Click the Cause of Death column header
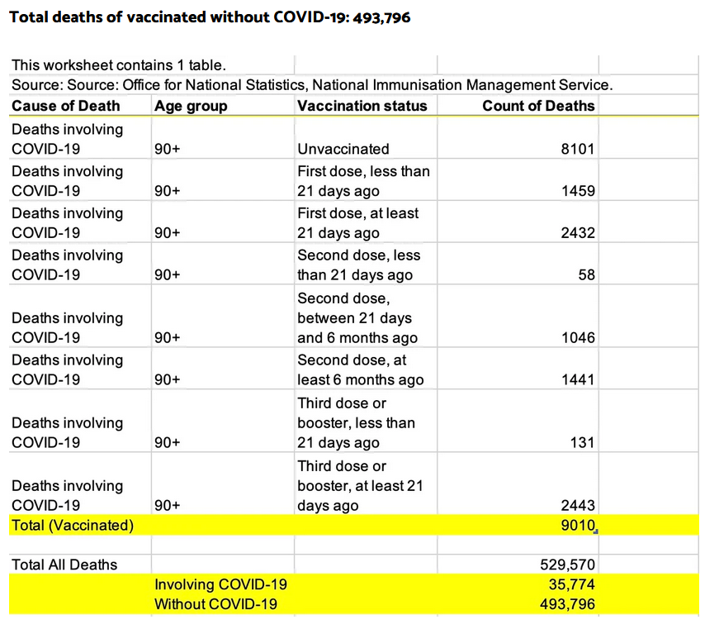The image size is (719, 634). coord(65,106)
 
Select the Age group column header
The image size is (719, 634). coord(191,107)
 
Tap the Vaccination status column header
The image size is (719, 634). coord(362,106)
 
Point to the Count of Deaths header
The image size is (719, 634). coord(538,106)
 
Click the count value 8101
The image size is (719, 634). coord(578,149)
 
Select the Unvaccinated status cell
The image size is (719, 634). coord(343,149)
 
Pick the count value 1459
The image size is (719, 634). coord(578,190)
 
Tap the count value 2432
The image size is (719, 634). coord(578,233)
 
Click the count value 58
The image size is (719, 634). coord(586,274)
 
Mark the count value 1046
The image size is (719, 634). coord(578,337)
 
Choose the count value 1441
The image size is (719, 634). coord(578,379)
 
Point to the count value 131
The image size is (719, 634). coord(582,442)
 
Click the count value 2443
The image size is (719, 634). coord(578,505)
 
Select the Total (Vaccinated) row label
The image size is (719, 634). coord(73,525)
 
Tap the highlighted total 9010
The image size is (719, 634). coord(578,525)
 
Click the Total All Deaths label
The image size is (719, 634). coord(64,565)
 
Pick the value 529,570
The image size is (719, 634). coord(567,565)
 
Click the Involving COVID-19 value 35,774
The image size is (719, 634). coord(572,584)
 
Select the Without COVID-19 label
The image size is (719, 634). coord(216,604)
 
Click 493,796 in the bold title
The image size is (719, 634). coord(381,17)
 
